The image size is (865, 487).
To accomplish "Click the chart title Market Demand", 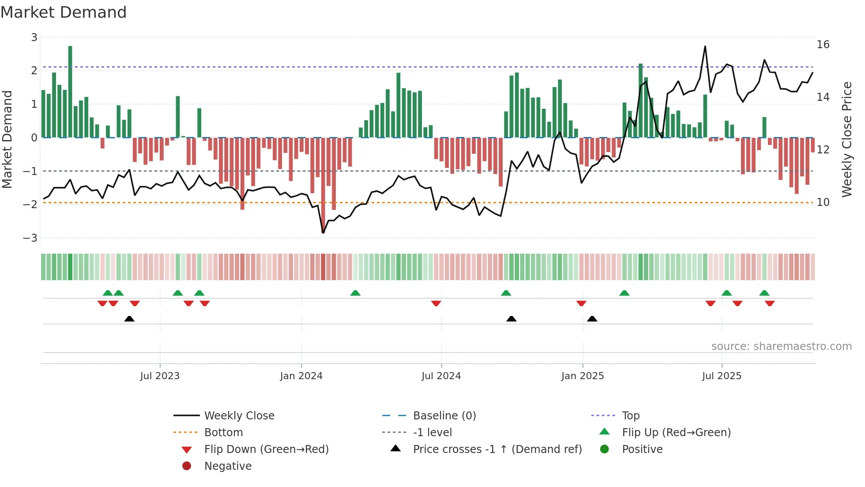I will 64,12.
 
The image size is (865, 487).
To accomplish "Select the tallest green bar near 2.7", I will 70,91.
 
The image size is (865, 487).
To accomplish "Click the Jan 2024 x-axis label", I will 301,376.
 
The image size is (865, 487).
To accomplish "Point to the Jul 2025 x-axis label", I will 722,376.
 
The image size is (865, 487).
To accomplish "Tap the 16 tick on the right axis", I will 823,45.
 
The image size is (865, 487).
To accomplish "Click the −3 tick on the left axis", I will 30,238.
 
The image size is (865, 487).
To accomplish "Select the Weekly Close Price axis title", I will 846,139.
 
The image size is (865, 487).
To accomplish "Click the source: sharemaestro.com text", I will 781,346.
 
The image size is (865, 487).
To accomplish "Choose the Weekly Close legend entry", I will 239,416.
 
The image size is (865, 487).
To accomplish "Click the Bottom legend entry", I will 223,433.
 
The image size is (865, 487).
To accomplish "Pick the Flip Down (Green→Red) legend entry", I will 266,449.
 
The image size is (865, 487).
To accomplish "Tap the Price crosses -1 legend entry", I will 497,449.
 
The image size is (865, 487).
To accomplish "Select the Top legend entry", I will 630,416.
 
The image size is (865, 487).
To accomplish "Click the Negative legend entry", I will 228,466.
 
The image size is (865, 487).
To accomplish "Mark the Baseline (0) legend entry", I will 444,416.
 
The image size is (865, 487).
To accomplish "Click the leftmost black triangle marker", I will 129,319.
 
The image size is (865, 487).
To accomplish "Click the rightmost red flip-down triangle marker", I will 770,304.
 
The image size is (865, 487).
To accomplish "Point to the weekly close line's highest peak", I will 705,46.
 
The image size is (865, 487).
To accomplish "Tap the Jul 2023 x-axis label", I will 160,376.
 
